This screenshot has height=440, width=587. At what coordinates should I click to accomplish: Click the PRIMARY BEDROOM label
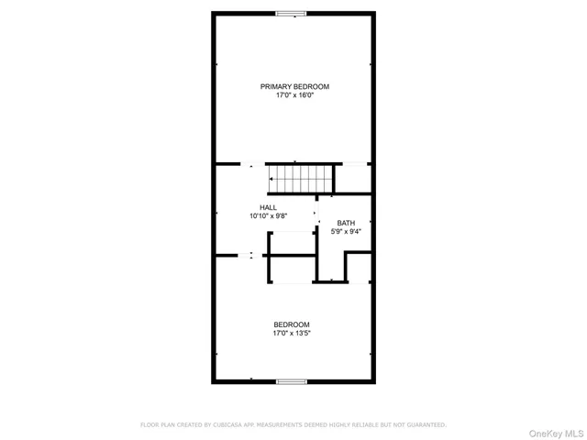pyautogui.click(x=294, y=86)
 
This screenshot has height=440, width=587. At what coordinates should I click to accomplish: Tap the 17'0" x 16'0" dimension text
pyautogui.click(x=294, y=94)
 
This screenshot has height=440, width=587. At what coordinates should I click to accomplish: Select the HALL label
pyautogui.click(x=268, y=207)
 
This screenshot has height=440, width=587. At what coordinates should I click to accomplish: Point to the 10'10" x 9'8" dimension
pyautogui.click(x=268, y=216)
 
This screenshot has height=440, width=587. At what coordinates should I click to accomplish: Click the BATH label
pyautogui.click(x=346, y=223)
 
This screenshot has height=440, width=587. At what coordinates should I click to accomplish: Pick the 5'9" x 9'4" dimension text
pyautogui.click(x=346, y=232)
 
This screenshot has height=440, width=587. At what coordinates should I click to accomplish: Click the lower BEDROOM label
pyautogui.click(x=292, y=324)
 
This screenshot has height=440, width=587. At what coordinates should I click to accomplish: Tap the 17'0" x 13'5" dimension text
pyautogui.click(x=292, y=334)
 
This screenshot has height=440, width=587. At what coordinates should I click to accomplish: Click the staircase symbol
pyautogui.click(x=300, y=178)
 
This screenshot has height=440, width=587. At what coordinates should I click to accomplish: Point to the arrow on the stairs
pyautogui.click(x=272, y=178)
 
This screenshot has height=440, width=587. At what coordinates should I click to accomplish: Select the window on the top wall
pyautogui.click(x=293, y=13)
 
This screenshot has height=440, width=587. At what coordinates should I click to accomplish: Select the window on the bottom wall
pyautogui.click(x=292, y=381)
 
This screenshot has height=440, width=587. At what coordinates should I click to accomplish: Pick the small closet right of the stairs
pyautogui.click(x=352, y=178)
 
